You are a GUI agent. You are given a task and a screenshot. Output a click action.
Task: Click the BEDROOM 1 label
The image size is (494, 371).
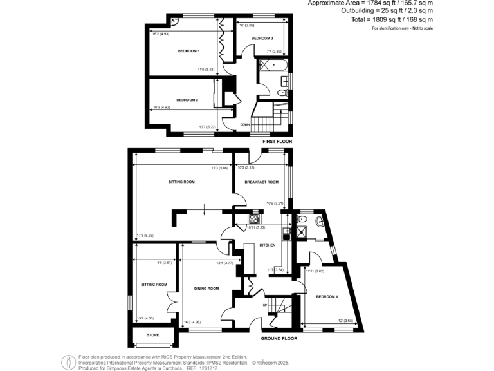pos(189,50)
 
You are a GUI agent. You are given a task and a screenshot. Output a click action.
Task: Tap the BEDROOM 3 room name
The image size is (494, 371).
pos(262,39)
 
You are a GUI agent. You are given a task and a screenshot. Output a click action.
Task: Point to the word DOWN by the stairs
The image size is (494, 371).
pos(245,124)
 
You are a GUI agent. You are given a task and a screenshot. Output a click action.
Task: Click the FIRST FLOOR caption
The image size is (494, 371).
pos(277,140)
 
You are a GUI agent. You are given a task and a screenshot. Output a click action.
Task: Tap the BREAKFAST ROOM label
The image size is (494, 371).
pos(261,182)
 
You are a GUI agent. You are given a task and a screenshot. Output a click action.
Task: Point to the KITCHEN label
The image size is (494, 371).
pos(267,245)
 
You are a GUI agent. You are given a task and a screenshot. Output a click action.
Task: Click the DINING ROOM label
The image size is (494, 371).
pos(206,288)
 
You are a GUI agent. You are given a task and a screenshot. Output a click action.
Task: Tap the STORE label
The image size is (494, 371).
pos(152,335)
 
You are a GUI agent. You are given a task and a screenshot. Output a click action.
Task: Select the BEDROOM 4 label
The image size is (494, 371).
pos(326,296)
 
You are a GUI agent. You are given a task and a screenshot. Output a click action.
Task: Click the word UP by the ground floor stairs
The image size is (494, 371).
pos(265,305)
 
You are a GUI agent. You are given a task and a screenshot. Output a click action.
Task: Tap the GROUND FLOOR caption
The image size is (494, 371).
pos(279,338)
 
